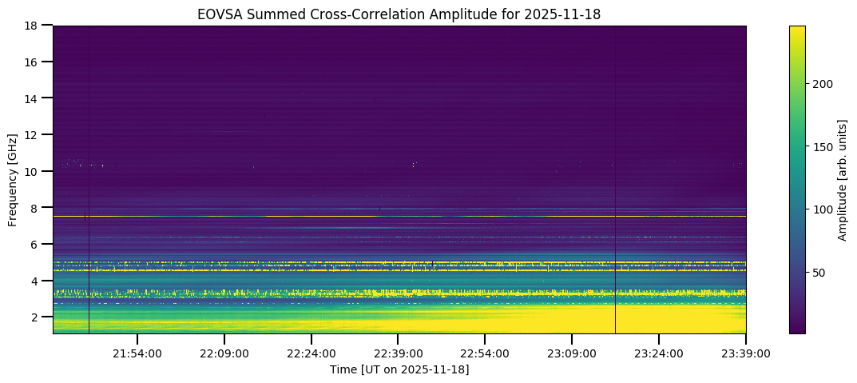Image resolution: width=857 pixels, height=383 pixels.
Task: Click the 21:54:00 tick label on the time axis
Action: point(137,353)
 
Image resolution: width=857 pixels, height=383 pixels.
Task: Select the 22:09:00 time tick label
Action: point(224,353)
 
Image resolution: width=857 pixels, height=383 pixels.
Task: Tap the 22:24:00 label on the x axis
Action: point(311,353)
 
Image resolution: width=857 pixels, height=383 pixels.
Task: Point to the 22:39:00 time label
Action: point(399,353)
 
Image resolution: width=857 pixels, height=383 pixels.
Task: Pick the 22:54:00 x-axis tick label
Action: point(486,353)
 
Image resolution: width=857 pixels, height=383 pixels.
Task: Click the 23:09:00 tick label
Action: point(573,353)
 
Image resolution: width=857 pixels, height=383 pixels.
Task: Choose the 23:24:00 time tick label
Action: point(659,353)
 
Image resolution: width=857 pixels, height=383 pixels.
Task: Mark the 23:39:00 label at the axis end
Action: point(745,353)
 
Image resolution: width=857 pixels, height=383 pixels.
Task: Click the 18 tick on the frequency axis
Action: point(35,26)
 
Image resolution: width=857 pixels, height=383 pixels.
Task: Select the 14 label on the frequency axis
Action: point(35,98)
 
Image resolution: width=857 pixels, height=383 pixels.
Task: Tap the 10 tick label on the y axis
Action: point(35,171)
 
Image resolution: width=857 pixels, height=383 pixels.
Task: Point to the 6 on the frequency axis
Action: point(38,244)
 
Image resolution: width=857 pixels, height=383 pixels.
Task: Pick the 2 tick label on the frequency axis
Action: point(38,317)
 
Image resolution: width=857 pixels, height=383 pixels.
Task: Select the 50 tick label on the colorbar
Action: point(821,273)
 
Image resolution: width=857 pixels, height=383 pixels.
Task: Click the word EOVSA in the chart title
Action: point(216,14)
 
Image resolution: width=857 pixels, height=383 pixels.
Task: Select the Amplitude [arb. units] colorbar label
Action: point(842,179)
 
